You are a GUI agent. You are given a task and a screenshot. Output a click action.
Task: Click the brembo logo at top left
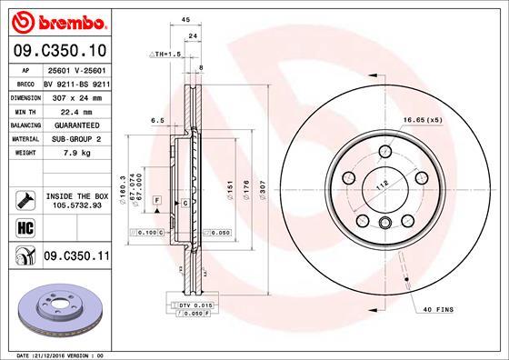[57, 20]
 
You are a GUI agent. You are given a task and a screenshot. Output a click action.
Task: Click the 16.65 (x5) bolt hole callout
[444, 119]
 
